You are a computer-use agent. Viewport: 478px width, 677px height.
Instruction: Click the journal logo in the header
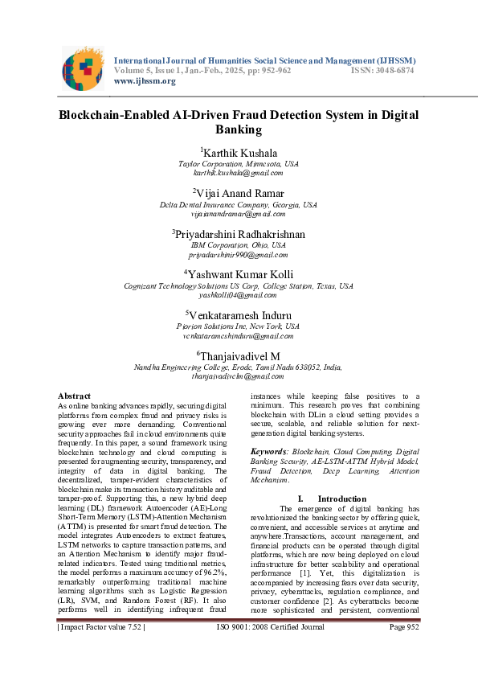tap(83, 68)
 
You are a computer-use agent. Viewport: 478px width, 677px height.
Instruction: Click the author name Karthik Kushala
tap(239, 152)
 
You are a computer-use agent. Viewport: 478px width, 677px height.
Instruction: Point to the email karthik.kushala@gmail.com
tap(239, 173)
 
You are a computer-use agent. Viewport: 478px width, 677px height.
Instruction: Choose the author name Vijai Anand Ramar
tap(239, 194)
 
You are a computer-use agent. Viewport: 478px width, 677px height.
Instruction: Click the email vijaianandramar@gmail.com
tap(239, 215)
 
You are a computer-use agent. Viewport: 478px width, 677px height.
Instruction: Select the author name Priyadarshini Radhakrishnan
tap(239, 235)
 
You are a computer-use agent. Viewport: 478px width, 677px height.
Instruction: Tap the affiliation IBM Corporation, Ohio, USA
tap(239, 245)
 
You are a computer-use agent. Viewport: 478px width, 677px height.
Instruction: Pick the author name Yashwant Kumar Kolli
tap(239, 275)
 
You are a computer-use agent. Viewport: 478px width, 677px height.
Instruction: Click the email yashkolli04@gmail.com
tap(239, 296)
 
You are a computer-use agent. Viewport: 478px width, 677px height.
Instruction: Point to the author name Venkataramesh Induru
tap(239, 315)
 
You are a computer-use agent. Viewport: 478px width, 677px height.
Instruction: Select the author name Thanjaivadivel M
tap(239, 356)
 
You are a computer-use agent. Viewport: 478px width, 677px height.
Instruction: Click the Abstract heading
tap(74, 396)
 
